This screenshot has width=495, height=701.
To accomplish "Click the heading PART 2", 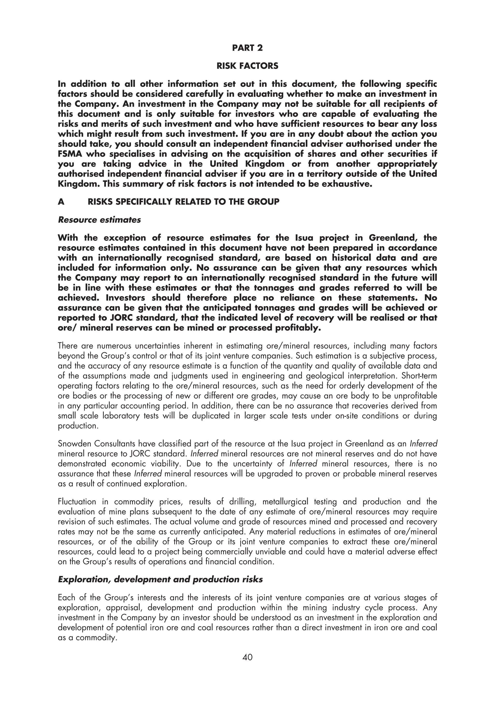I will [x=247, y=48].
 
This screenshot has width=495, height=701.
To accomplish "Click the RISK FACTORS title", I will [x=247, y=66].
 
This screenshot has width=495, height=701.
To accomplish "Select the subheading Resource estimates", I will [x=99, y=220].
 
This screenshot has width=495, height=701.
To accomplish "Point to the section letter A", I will [x=61, y=202].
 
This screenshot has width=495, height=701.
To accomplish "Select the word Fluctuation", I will [x=77, y=502].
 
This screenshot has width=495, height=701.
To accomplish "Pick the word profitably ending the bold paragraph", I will [x=298, y=328].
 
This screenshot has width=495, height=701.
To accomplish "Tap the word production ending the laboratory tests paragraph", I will [x=78, y=426].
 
